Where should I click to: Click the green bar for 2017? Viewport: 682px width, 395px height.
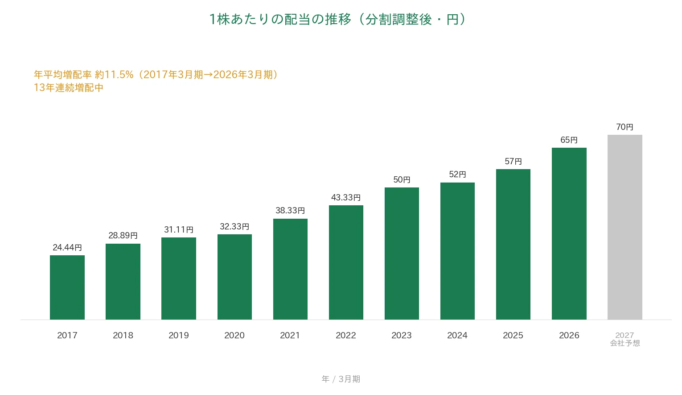tap(67, 287)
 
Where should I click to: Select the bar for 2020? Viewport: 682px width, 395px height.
tap(234, 277)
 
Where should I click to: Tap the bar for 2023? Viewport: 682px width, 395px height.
tap(402, 254)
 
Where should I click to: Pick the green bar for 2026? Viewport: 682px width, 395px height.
tap(569, 234)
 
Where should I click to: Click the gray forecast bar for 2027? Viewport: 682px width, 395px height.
tap(625, 227)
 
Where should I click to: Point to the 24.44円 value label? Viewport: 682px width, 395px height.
tap(67, 247)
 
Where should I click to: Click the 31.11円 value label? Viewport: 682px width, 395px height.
tap(179, 229)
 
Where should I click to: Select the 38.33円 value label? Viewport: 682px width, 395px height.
tap(290, 210)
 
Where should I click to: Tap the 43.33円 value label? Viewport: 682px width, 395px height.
tap(346, 197)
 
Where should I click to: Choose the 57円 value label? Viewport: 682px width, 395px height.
tap(514, 161)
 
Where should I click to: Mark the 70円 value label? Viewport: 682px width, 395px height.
tap(625, 127)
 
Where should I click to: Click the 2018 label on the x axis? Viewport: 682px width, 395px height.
tap(123, 335)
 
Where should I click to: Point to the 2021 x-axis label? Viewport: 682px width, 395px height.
tap(290, 335)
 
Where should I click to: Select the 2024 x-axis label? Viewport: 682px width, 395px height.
tap(457, 335)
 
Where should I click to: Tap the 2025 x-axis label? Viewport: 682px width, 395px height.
tap(513, 335)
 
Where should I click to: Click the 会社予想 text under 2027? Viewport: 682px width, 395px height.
tap(625, 343)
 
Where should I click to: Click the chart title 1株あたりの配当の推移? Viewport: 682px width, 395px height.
tap(280, 19)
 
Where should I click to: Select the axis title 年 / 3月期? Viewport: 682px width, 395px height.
tap(341, 379)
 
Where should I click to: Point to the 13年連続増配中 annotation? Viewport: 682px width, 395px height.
tap(69, 88)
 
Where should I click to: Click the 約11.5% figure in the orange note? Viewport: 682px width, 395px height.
tap(114, 75)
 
